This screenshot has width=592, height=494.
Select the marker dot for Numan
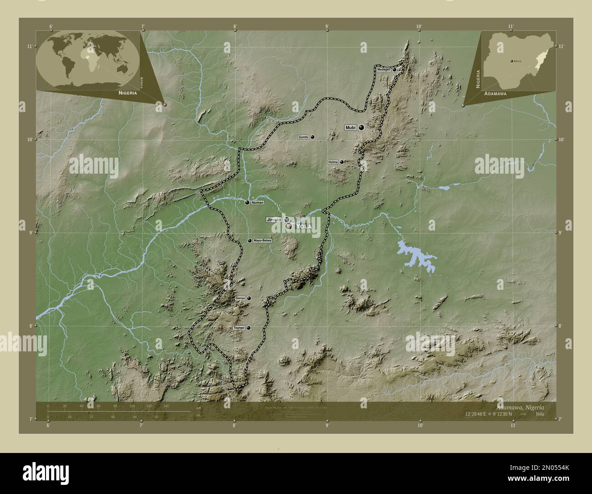click(x=247, y=202)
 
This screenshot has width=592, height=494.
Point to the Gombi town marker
click(x=312, y=137)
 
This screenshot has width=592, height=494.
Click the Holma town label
click(x=332, y=162)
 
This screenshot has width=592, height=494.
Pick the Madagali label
click(x=383, y=69)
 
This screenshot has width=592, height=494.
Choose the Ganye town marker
click(x=249, y=298)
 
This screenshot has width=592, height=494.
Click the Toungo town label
click(x=239, y=328)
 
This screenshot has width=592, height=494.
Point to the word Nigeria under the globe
click(x=127, y=92)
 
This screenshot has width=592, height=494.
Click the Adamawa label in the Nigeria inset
click(x=496, y=92)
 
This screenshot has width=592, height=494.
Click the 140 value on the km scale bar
click(x=166, y=406)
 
